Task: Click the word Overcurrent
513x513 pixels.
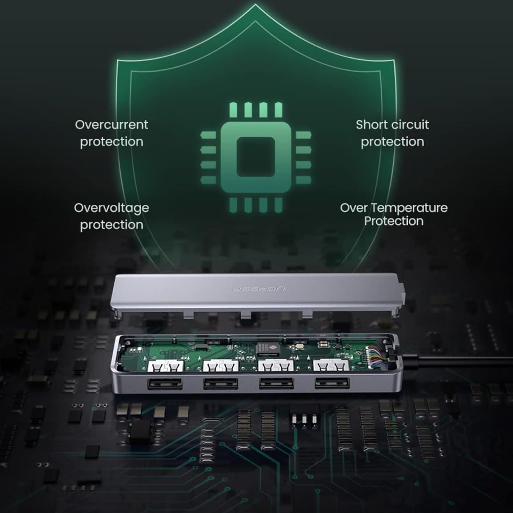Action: [111, 124]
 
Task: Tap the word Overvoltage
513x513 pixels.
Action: [111, 208]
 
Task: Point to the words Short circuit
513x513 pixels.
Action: [392, 124]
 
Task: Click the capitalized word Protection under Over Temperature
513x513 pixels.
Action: [394, 221]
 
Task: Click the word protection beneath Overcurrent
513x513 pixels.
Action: [111, 142]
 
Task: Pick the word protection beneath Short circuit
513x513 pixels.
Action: [392, 142]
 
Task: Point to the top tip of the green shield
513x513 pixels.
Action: [256, 5]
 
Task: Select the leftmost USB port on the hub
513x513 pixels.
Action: [165, 383]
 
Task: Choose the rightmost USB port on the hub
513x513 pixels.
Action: [332, 382]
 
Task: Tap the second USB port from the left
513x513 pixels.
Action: [221, 383]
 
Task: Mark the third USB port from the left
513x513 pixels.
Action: [276, 383]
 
